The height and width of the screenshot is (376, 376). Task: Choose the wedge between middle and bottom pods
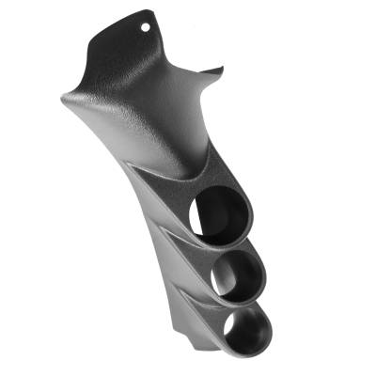click(202, 301)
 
